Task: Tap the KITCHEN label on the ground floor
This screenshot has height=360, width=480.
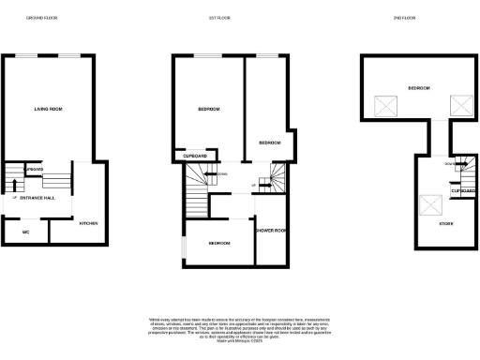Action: coord(88,223)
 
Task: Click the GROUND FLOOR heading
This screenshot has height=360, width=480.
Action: coord(41,18)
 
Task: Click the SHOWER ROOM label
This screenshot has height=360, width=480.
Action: coord(270,231)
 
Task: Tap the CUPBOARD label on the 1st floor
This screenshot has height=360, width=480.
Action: coord(195,157)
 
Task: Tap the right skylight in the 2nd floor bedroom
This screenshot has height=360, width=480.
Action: coord(459,105)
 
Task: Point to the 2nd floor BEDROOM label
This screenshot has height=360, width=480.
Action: coord(418,88)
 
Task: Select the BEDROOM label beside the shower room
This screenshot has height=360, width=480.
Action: coord(218,242)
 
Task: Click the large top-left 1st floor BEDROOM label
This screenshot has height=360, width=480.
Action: coord(208,110)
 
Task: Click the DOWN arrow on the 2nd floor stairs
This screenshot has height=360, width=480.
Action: coord(451,164)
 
